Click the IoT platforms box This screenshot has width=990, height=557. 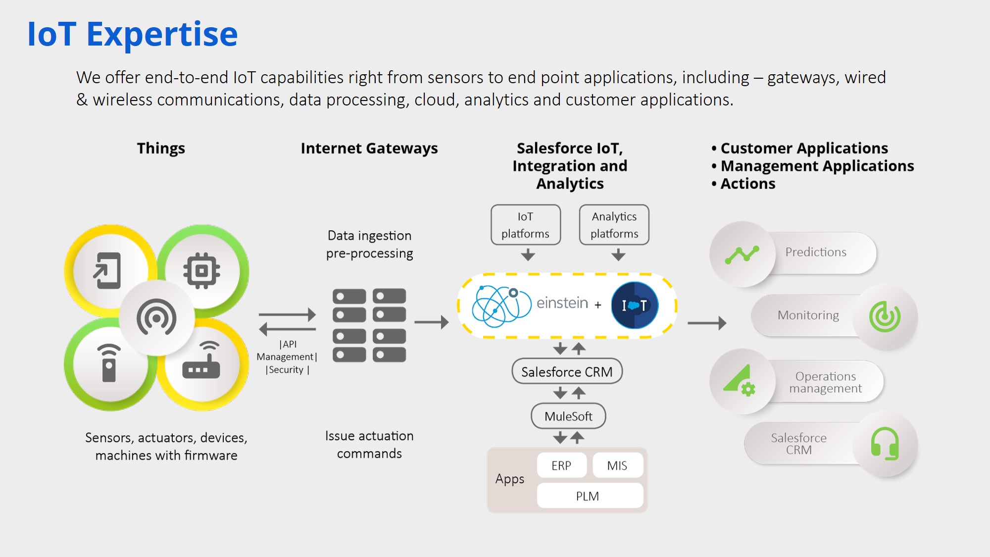[x=525, y=225]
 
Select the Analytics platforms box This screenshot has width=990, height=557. [x=614, y=225]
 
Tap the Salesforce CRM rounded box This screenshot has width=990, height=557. [x=567, y=371]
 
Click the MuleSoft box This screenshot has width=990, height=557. [x=568, y=416]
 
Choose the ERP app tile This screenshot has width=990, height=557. [x=561, y=465]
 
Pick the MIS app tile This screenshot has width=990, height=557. [x=617, y=465]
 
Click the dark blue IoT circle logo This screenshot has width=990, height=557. [x=635, y=305]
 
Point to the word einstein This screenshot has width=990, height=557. [x=562, y=303]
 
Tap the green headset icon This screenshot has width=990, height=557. [x=885, y=444]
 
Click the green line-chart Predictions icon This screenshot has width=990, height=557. [x=742, y=254]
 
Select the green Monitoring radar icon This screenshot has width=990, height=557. [x=885, y=316]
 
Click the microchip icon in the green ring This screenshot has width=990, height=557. [x=201, y=271]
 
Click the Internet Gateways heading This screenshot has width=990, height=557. [x=369, y=149]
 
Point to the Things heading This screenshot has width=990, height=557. [x=161, y=149]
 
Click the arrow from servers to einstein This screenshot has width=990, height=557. [x=431, y=322]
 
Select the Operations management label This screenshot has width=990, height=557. [x=825, y=382]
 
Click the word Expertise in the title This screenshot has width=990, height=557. [x=162, y=35]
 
